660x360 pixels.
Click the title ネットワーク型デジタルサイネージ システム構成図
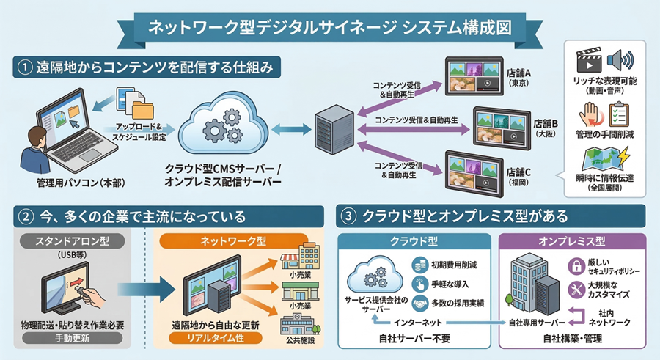(x=330, y=27)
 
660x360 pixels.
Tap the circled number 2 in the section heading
(x=26, y=216)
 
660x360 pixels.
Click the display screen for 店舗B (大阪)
(x=502, y=125)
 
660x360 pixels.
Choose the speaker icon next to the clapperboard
(x=622, y=59)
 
